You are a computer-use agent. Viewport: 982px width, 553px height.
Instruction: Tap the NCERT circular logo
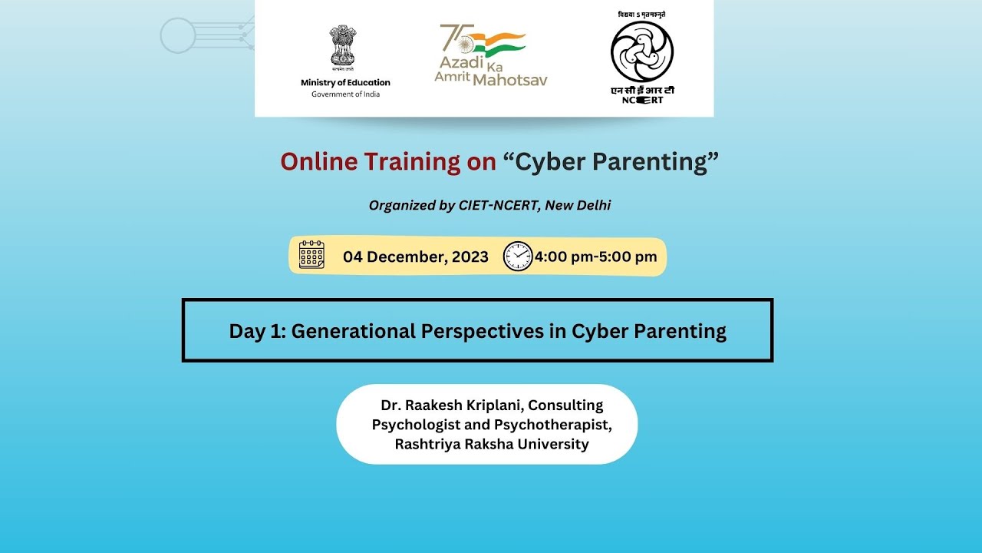(x=642, y=51)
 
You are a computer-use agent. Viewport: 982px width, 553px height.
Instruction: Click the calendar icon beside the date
(x=311, y=255)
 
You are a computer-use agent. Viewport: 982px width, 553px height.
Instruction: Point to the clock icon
(x=518, y=257)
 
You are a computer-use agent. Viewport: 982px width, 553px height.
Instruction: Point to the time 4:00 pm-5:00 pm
(x=596, y=257)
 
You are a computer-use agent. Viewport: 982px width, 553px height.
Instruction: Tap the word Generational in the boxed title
(x=353, y=331)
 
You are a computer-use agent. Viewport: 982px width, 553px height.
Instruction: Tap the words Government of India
(x=345, y=94)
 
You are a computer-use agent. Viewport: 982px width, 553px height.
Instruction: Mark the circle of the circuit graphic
(x=178, y=35)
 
